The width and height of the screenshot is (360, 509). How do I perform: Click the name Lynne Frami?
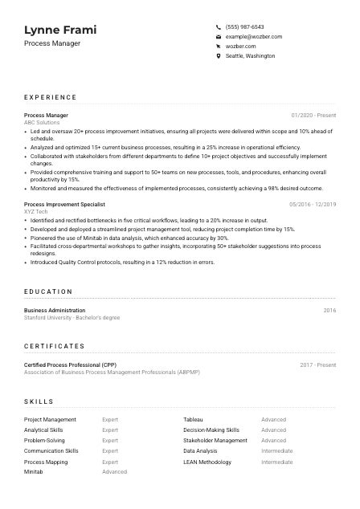tap(60, 30)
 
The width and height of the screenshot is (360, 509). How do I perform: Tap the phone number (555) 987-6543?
tap(244, 26)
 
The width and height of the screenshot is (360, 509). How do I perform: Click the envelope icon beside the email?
tap(219, 37)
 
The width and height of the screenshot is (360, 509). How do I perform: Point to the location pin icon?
tap(219, 56)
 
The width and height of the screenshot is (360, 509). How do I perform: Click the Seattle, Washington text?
tap(250, 56)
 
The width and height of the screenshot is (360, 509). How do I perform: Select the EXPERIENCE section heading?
tap(51, 97)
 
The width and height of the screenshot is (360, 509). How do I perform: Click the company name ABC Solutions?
tap(42, 123)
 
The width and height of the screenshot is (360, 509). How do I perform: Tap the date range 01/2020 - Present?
tap(313, 116)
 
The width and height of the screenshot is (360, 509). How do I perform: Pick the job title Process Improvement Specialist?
tap(64, 205)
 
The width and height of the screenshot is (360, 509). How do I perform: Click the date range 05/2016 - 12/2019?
tap(313, 205)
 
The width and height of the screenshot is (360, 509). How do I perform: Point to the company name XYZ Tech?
tap(36, 212)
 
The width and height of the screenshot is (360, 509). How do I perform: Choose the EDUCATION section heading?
tap(48, 291)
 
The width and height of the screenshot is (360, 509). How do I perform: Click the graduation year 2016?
tap(329, 310)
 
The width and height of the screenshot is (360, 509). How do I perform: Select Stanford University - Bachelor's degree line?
tap(72, 317)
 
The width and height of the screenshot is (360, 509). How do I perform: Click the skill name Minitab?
tap(33, 472)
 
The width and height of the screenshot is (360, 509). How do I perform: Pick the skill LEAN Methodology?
tap(207, 462)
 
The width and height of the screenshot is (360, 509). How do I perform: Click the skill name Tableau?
tap(193, 419)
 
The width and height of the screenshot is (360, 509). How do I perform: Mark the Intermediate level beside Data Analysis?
tap(276, 451)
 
